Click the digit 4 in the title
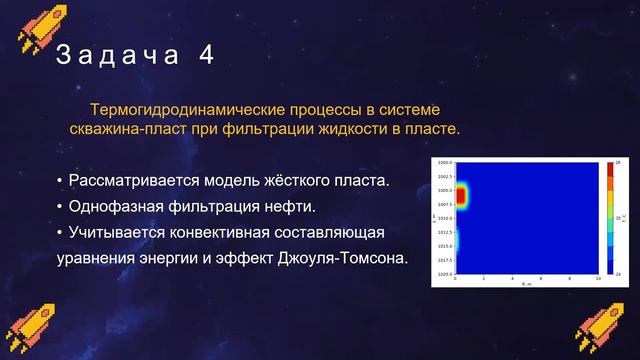coord(206,56)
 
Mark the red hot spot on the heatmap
coord(461,195)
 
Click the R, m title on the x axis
coord(527,285)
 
